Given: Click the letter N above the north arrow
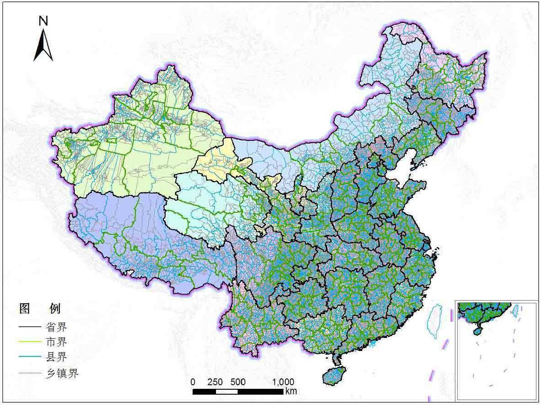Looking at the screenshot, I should click(43, 21).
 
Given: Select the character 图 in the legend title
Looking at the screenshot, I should click(24, 309).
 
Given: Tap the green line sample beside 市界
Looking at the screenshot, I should click(30, 342).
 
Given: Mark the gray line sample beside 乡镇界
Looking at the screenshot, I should click(30, 373).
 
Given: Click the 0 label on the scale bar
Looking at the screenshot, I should click(193, 382).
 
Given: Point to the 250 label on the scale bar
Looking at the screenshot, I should click(215, 382).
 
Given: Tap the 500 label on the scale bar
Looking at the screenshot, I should click(238, 382).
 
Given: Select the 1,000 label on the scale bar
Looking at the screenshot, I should click(283, 382).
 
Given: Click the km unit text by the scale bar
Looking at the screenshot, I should click(291, 391).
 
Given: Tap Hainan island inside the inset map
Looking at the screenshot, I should click(478, 331).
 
